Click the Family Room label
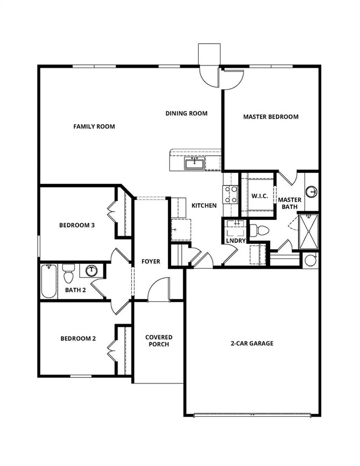(94, 126)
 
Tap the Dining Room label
(187, 113)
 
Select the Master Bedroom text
(271, 117)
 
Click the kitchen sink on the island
(194, 163)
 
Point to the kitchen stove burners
(230, 194)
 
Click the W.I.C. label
(260, 196)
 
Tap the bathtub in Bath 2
(49, 281)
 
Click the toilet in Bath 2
(68, 273)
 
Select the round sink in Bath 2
(92, 271)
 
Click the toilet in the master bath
(259, 230)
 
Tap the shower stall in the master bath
(308, 231)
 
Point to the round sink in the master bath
(312, 192)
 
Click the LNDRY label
(236, 240)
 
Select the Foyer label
(151, 262)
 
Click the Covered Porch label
(159, 341)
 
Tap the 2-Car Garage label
(252, 344)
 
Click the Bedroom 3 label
(77, 226)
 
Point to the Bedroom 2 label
(78, 339)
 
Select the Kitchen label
(204, 206)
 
